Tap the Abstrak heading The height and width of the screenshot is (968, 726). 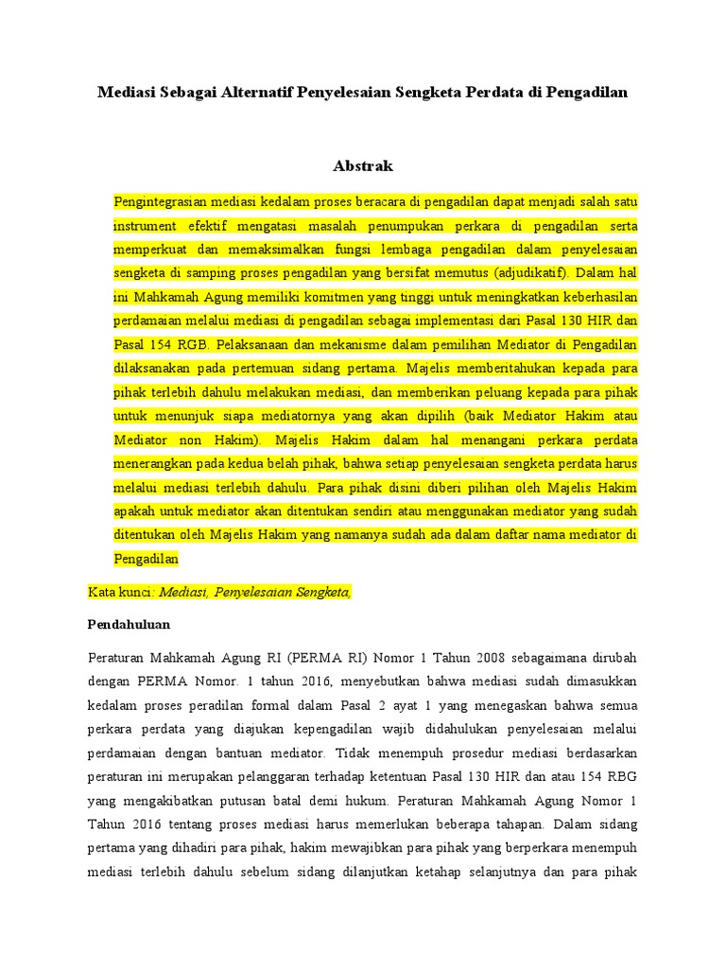tap(363, 166)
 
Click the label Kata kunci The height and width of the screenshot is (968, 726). tap(121, 592)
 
